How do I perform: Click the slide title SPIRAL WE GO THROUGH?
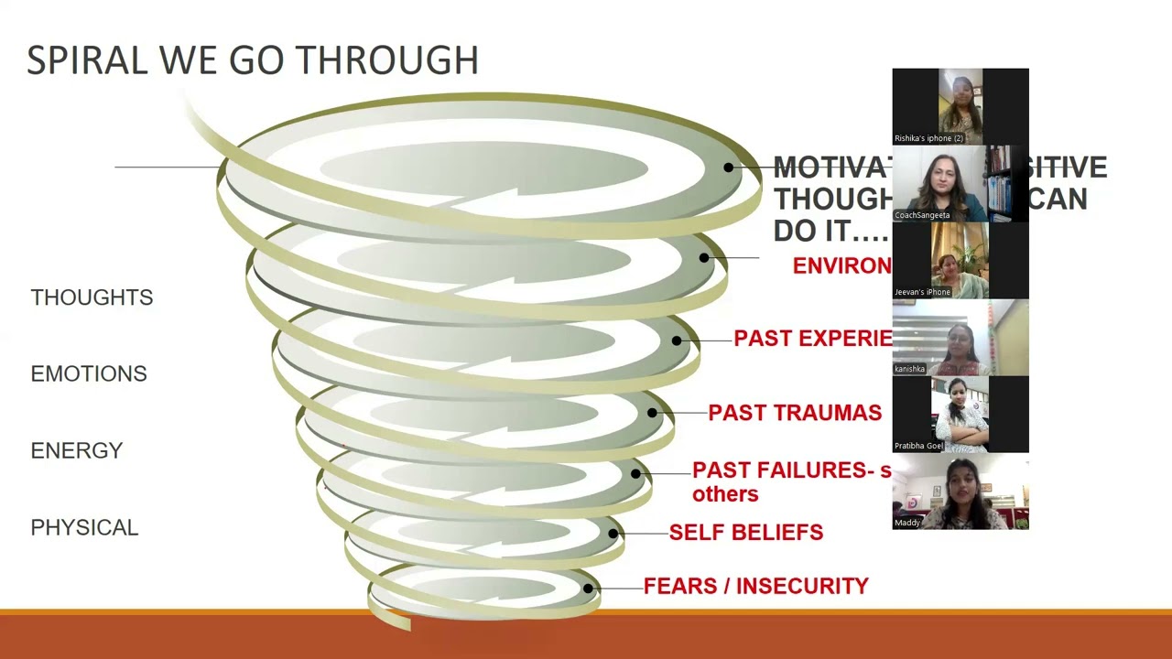click(x=253, y=60)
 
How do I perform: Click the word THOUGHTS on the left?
click(x=92, y=297)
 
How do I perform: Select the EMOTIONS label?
click(x=89, y=373)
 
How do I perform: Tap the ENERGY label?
click(x=77, y=450)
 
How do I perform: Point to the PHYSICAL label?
click(x=84, y=527)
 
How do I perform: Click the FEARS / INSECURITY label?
click(x=755, y=586)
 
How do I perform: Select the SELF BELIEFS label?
click(x=745, y=533)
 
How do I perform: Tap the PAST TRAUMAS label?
click(x=795, y=413)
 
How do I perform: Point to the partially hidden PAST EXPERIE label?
click(x=812, y=339)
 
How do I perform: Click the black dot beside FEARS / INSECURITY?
click(x=588, y=589)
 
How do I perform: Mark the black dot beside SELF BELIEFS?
click(x=613, y=534)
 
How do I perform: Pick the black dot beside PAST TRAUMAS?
click(x=652, y=413)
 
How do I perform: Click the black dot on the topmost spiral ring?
click(x=728, y=167)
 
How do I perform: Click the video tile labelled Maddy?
click(x=960, y=492)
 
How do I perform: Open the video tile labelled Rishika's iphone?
click(x=960, y=106)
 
